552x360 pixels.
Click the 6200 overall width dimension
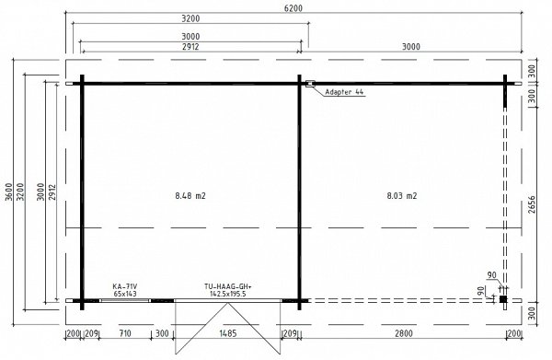pos(293,7)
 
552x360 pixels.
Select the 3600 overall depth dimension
pos(9,192)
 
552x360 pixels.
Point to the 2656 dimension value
pos(531,204)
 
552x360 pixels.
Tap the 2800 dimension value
pos(404,333)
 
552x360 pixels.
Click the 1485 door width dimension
pos(228,333)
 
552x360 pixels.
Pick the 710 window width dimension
pos(125,333)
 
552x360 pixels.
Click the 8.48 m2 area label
pos(190,195)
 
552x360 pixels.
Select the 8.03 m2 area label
pos(402,195)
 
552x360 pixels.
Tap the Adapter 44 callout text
pos(344,92)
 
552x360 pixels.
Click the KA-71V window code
pos(124,286)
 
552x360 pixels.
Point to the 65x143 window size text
pos(125,294)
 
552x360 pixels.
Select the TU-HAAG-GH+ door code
pos(228,286)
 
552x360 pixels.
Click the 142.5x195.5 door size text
pos(228,294)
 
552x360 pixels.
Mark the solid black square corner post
pos(503,299)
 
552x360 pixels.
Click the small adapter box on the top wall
pos(310,84)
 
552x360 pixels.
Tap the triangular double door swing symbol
pos(228,328)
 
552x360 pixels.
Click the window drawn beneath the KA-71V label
pos(125,300)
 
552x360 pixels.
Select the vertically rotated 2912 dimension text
pos(52,192)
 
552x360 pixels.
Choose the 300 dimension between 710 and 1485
pos(162,333)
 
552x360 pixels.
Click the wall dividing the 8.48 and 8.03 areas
pos(299,192)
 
